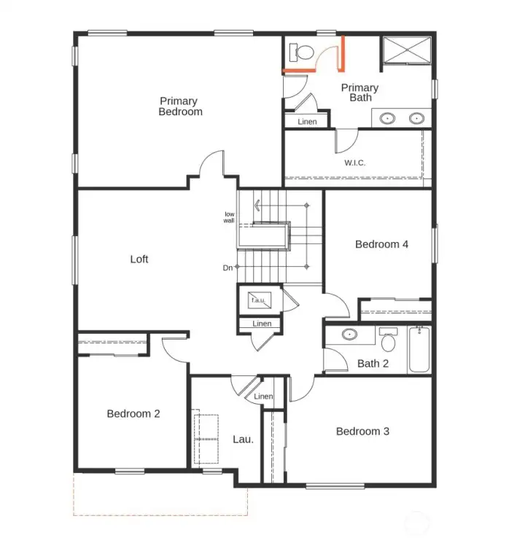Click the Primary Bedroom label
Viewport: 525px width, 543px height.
pos(180,106)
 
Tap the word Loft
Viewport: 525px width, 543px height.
pos(139,259)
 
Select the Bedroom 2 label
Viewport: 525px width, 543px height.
pos(133,413)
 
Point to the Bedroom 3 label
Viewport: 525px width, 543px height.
pos(362,431)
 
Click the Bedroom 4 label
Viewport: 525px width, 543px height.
pos(381,244)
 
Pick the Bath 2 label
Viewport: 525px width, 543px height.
pos(373,363)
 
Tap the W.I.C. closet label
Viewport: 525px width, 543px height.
pos(355,162)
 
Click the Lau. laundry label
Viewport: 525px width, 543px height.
pos(243,439)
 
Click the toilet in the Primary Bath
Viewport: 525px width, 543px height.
pos(301,52)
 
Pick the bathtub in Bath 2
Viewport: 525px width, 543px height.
pos(419,349)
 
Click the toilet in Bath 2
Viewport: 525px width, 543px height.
pos(388,338)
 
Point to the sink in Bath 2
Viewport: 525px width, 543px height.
pos(350,335)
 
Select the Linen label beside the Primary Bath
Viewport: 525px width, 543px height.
pos(308,122)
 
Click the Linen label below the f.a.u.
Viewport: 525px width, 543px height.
pos(262,324)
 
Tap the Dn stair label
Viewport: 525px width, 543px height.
pos(227,268)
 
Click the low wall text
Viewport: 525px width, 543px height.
pos(229,216)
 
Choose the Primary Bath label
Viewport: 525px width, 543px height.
pos(360,93)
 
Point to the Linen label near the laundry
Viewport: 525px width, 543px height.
pos(263,396)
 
